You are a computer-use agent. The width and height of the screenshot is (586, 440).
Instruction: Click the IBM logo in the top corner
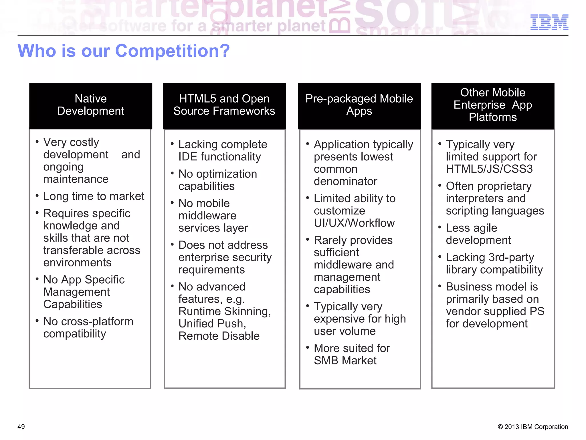click(549, 22)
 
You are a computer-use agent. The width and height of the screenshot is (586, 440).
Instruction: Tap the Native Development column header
click(91, 105)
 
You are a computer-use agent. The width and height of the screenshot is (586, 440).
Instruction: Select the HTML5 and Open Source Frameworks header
click(224, 105)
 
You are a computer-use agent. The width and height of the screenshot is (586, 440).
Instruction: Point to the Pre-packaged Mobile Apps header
click(359, 105)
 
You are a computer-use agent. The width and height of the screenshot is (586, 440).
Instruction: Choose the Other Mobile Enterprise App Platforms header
click(493, 105)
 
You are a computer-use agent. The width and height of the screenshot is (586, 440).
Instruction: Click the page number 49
click(21, 427)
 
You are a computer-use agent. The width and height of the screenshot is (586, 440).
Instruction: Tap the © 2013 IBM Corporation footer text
click(533, 427)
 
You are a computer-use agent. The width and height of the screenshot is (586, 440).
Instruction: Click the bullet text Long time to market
click(94, 197)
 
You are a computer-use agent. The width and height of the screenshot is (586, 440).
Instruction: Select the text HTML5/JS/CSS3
click(489, 169)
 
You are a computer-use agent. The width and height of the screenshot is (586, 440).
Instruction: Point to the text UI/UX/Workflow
click(354, 223)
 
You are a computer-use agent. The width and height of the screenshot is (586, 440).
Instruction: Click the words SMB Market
click(345, 361)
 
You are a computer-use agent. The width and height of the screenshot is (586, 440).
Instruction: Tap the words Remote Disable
click(219, 336)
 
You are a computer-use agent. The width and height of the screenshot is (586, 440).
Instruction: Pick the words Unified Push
click(212, 324)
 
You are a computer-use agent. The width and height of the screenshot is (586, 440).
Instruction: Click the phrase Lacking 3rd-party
click(490, 258)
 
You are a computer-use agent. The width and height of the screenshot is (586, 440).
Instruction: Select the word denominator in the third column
click(345, 182)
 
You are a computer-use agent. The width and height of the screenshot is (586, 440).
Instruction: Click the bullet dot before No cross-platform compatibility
click(37, 321)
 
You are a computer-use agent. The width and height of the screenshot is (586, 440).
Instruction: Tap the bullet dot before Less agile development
click(440, 227)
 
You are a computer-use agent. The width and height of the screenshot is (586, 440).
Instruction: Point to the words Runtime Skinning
click(225, 311)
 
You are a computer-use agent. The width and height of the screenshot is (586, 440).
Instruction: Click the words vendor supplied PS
click(495, 311)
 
